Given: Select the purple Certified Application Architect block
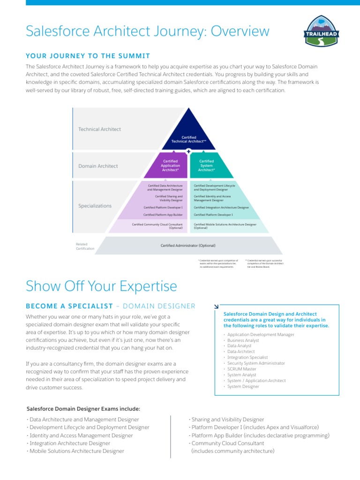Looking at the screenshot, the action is point(170,165).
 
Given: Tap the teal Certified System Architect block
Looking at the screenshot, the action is point(206,165).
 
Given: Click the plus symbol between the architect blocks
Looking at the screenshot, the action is point(188,151).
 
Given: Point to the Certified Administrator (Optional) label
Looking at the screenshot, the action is point(188,245).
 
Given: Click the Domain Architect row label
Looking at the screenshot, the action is point(98,166).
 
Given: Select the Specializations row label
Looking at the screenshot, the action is point(95,206).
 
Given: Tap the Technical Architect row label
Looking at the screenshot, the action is point(99,129).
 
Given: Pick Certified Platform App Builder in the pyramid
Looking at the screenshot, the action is point(163,215).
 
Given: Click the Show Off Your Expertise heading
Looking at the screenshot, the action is point(101,286).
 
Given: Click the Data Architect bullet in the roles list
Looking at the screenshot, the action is point(240,351).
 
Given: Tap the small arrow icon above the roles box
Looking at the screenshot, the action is point(216,306).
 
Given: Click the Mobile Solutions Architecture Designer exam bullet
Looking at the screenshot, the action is point(76,451).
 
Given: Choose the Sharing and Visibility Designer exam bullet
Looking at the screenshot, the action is point(227,420).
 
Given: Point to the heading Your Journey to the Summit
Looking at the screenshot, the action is point(88,56).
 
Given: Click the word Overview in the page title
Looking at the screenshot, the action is point(240,31).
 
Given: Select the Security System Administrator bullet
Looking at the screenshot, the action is point(255,363).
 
